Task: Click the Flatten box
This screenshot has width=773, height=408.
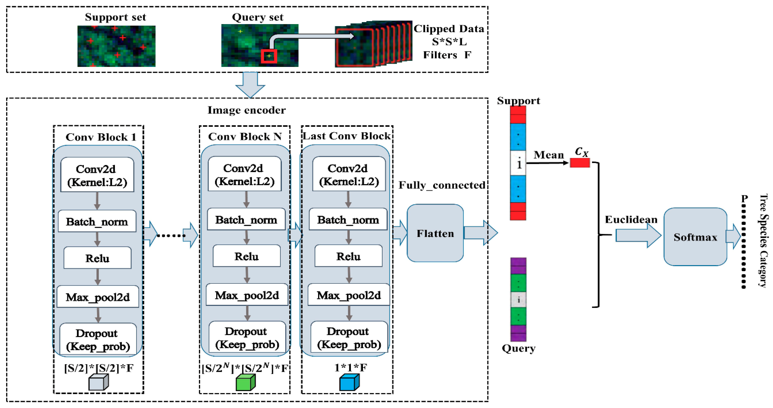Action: (x=435, y=233)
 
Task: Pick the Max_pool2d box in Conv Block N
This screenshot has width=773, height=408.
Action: (x=247, y=295)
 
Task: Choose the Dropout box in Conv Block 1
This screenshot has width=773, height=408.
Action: (x=98, y=339)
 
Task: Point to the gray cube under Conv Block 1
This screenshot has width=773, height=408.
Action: (x=98, y=382)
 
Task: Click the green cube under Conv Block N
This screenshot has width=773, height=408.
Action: (x=246, y=382)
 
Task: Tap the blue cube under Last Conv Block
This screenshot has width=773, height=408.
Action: (x=349, y=382)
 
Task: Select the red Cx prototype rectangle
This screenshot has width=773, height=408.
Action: (x=580, y=163)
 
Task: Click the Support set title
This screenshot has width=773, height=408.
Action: (x=115, y=17)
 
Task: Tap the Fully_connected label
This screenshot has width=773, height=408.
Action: (x=442, y=185)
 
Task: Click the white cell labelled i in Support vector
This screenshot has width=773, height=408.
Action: (x=518, y=163)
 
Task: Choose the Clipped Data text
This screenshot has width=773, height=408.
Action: (x=449, y=29)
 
